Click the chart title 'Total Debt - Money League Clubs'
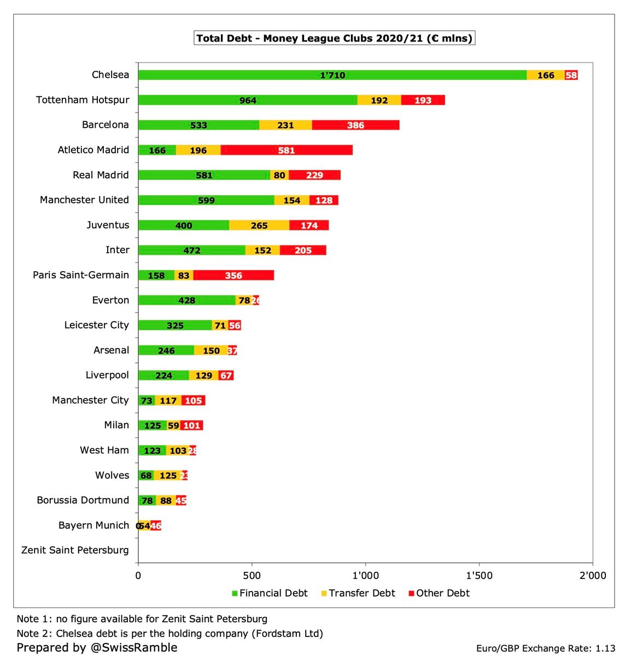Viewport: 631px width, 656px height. coord(334,38)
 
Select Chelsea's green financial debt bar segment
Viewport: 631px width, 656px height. coord(332,75)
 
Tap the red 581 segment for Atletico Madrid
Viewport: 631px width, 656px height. coord(287,150)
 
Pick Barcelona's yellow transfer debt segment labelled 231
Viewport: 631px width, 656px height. coord(285,125)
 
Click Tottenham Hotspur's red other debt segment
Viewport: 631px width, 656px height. coord(423,100)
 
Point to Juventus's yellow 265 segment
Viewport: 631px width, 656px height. coord(259,225)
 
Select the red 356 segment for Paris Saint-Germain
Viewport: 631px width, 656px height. coord(233,276)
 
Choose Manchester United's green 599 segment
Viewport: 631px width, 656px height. coord(206,200)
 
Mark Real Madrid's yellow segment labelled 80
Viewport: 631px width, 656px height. coord(279,175)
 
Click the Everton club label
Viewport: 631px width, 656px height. coord(110,300)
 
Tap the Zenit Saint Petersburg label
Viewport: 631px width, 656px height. coord(75,550)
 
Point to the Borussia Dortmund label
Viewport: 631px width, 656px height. coord(83,500)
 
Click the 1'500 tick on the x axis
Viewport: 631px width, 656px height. coord(479,575)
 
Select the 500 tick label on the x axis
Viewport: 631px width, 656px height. coord(252,575)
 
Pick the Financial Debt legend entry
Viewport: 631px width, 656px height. coord(269,593)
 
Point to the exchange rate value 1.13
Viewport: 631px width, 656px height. coord(605,648)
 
